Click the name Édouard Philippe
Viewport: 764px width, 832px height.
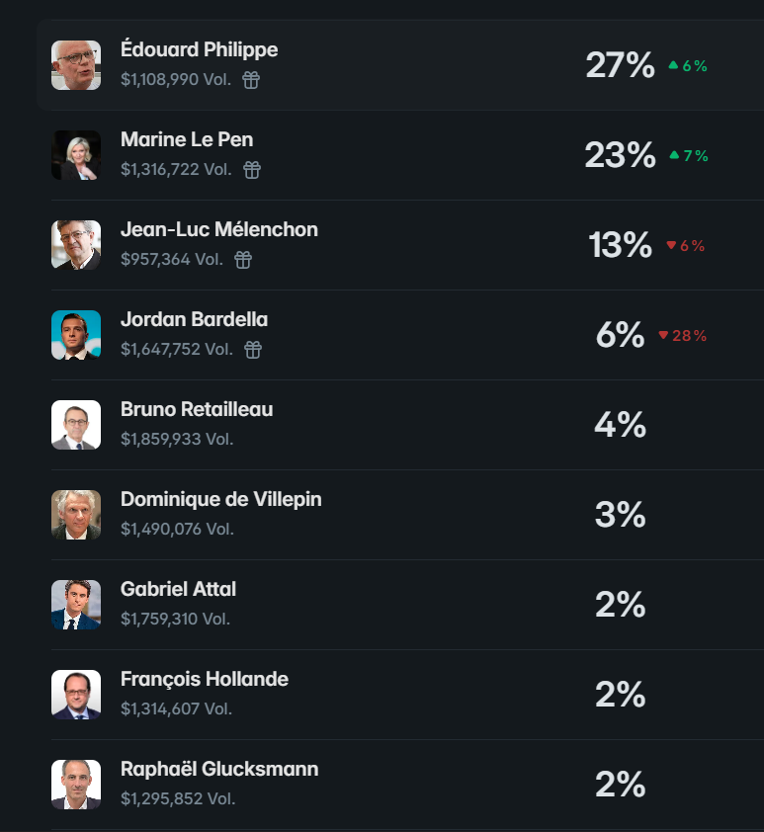pyautogui.click(x=199, y=48)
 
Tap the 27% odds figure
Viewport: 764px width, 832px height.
pyautogui.click(x=621, y=65)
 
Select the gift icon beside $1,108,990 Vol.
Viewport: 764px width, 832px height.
pyautogui.click(x=251, y=80)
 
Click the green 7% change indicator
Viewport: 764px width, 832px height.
pyautogui.click(x=689, y=155)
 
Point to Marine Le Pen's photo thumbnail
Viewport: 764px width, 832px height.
pyautogui.click(x=76, y=155)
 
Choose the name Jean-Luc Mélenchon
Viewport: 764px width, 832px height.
pyautogui.click(x=219, y=229)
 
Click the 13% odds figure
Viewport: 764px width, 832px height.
pyautogui.click(x=621, y=245)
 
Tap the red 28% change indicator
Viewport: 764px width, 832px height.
pyautogui.click(x=683, y=335)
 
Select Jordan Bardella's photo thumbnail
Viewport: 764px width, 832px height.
pyautogui.click(x=76, y=335)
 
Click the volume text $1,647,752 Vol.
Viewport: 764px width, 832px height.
pyautogui.click(x=177, y=349)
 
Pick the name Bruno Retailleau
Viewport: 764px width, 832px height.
pyautogui.click(x=197, y=409)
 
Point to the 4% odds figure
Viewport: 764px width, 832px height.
pyautogui.click(x=621, y=425)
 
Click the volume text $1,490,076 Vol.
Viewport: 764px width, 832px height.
pyautogui.click(x=177, y=529)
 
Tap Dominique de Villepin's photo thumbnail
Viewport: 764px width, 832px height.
pyautogui.click(x=76, y=515)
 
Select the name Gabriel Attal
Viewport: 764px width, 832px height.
pyautogui.click(x=178, y=589)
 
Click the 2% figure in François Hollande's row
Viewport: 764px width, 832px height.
pyautogui.click(x=621, y=695)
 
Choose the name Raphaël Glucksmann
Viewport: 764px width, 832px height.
pyautogui.click(x=219, y=769)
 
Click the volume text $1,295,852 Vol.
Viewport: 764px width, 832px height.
pyautogui.click(x=178, y=798)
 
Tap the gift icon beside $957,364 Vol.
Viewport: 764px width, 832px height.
pyautogui.click(x=243, y=260)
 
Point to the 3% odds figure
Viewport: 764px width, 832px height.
pyautogui.click(x=621, y=515)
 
